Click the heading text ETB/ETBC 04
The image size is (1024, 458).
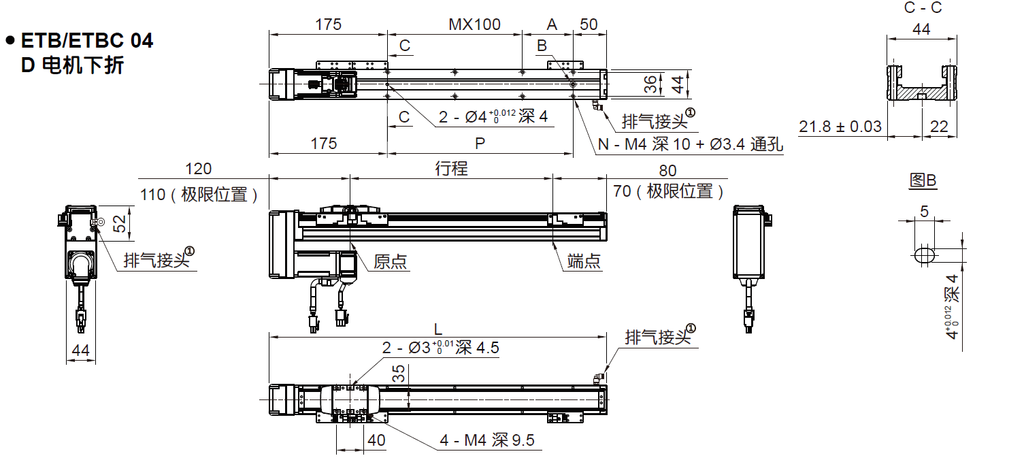(87, 41)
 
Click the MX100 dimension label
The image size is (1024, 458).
(474, 24)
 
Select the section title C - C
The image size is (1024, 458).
(923, 7)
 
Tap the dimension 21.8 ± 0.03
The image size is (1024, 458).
(840, 127)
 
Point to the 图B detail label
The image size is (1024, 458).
(923, 180)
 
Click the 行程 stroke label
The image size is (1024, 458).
(452, 168)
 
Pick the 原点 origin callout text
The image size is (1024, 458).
(391, 261)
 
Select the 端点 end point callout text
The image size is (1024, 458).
(584, 261)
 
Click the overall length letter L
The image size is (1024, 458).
(437, 329)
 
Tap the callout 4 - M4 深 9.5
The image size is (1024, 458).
(487, 440)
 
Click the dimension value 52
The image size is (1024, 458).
(119, 223)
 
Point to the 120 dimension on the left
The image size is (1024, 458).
(198, 169)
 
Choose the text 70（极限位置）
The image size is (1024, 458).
(668, 191)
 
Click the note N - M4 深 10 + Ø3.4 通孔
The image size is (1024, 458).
(691, 144)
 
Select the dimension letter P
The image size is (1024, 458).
(480, 144)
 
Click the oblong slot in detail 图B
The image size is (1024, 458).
(925, 255)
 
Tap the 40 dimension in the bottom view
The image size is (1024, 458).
(376, 440)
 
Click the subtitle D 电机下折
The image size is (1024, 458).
(72, 65)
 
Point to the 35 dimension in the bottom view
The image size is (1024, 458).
(399, 374)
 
